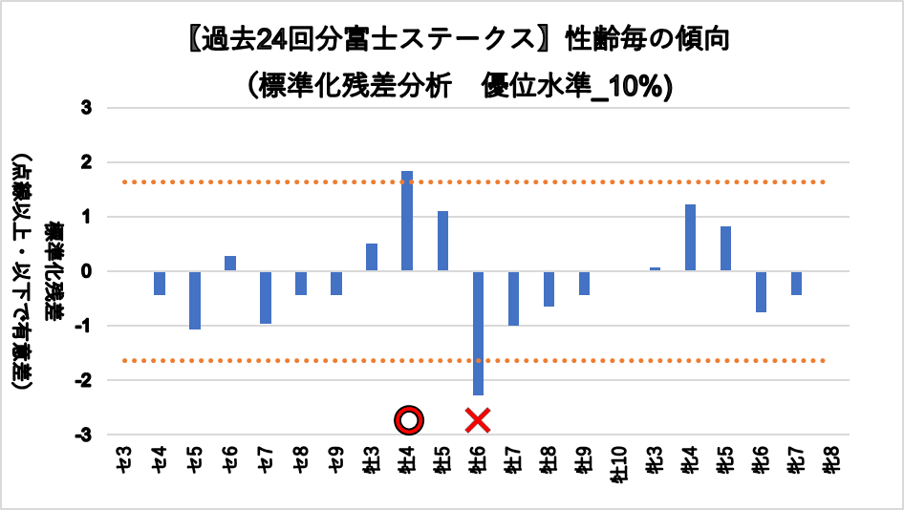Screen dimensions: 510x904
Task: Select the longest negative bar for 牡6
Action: (x=478, y=333)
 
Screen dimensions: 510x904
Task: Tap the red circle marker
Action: (x=409, y=419)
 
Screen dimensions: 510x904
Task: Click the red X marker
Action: (x=478, y=419)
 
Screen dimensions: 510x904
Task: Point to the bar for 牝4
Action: (x=690, y=238)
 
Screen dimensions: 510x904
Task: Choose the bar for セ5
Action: (x=195, y=300)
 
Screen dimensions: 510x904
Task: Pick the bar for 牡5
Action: (x=442, y=242)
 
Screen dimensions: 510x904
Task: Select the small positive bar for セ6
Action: (x=230, y=264)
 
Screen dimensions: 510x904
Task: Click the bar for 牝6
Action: (x=761, y=291)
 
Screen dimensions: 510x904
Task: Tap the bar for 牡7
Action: (x=513, y=298)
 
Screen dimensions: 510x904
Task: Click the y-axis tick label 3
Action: (x=87, y=108)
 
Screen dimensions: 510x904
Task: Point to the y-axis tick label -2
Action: (x=84, y=381)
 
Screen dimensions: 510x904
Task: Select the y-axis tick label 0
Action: (x=87, y=272)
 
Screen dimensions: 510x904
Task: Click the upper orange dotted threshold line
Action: (x=287, y=181)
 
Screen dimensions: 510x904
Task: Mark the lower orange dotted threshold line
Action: (x=287, y=360)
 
